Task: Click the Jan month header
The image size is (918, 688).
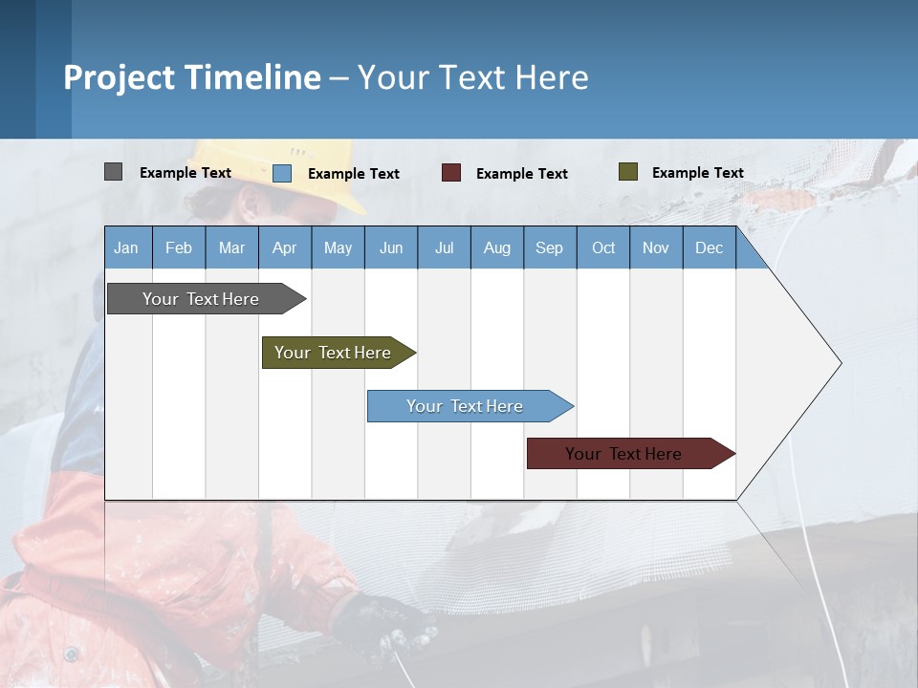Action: pyautogui.click(x=127, y=247)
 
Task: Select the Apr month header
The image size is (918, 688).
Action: pyautogui.click(x=285, y=247)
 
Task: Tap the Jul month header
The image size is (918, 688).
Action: pyautogui.click(x=444, y=247)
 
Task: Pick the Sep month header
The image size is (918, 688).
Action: pyautogui.click(x=550, y=247)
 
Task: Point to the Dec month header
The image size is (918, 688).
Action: pyautogui.click(x=709, y=247)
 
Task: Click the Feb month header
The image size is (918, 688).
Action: pyautogui.click(x=179, y=247)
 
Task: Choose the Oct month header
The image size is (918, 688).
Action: pyautogui.click(x=603, y=247)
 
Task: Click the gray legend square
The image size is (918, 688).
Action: pyautogui.click(x=113, y=172)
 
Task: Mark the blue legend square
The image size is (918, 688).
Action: pyautogui.click(x=282, y=173)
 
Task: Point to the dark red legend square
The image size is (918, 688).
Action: pyautogui.click(x=451, y=173)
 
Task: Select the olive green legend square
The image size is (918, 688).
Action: pyautogui.click(x=628, y=172)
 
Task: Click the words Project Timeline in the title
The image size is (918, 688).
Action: pyautogui.click(x=192, y=77)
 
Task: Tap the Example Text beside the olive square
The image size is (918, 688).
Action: pyautogui.click(x=697, y=173)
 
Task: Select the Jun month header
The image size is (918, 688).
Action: pyautogui.click(x=391, y=247)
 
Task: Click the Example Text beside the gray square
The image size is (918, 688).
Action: pyautogui.click(x=186, y=173)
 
